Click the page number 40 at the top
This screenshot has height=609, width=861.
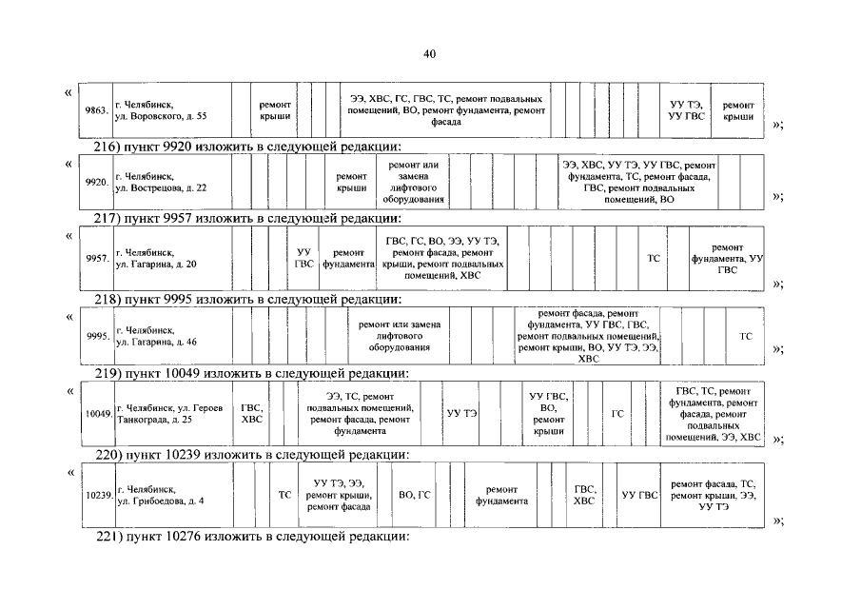click(429, 54)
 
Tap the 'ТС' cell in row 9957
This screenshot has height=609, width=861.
click(654, 258)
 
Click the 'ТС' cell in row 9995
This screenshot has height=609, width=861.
click(745, 336)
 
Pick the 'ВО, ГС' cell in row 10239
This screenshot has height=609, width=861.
click(415, 495)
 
